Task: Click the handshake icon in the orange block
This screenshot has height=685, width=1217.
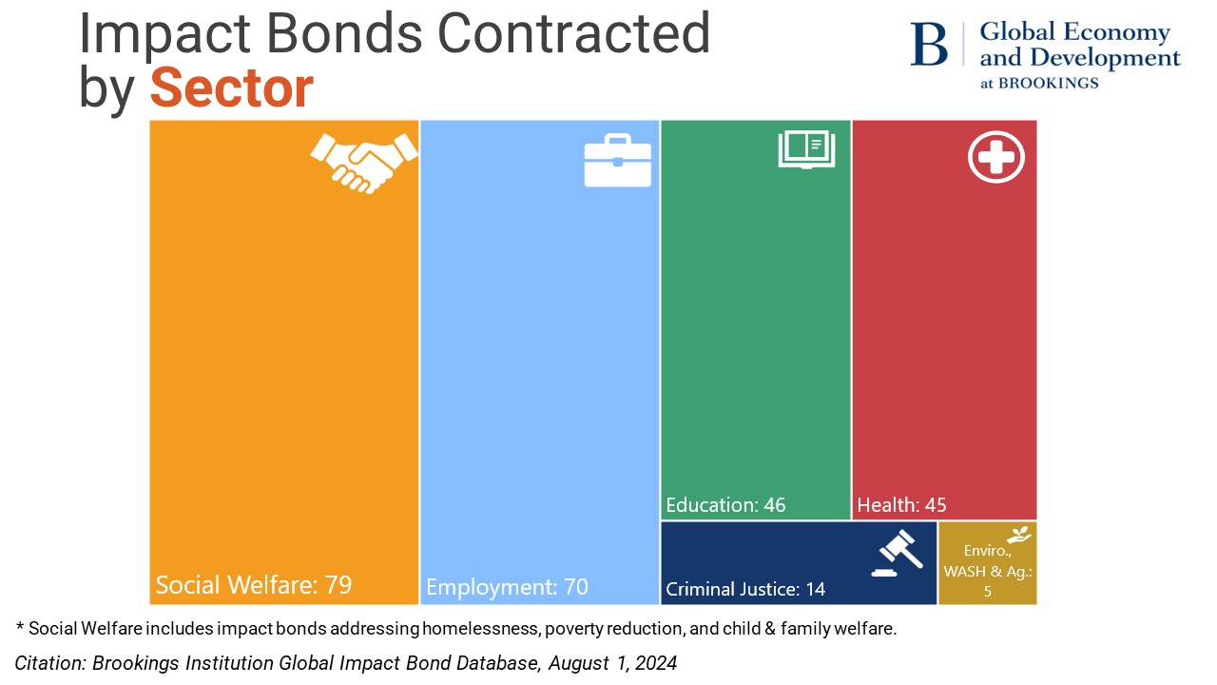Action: [364, 162]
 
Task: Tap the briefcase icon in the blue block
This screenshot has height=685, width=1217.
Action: [617, 161]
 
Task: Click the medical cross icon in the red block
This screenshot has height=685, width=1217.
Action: [995, 156]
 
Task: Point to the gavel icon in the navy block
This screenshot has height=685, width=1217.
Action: [897, 556]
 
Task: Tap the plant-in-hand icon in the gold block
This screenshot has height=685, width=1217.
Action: [1019, 535]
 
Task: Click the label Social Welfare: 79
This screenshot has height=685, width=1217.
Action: [254, 585]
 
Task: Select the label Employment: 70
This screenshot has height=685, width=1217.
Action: [507, 587]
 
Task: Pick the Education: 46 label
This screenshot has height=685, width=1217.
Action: [725, 505]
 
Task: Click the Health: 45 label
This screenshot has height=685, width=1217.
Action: [901, 505]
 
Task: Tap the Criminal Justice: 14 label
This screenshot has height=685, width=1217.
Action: [745, 589]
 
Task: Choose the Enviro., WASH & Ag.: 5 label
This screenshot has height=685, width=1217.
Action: [987, 571]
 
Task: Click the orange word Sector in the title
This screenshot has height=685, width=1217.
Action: [231, 88]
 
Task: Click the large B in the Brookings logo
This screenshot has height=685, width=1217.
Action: [929, 45]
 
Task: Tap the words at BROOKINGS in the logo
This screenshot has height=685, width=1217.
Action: [1039, 83]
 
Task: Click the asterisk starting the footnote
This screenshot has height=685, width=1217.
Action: [19, 628]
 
